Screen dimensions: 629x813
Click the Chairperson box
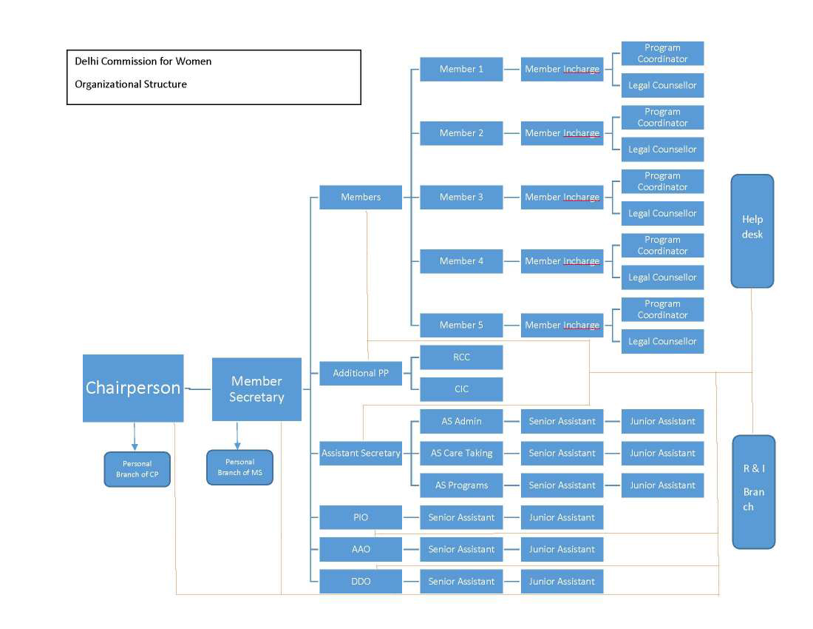tap(133, 388)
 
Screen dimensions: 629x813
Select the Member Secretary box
tap(256, 389)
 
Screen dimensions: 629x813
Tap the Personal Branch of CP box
tap(137, 469)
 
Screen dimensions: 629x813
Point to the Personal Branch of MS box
tap(239, 468)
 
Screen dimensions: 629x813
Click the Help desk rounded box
tap(752, 231)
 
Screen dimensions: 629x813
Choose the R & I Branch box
tap(753, 492)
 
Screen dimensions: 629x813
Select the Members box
tap(361, 198)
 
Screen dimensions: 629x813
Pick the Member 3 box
tap(461, 198)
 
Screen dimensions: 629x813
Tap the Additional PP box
tap(361, 373)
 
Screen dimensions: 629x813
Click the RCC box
tap(461, 357)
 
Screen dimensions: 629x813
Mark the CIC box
tap(461, 389)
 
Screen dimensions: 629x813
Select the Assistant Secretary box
tap(361, 453)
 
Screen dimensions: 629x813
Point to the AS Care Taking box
tap(461, 453)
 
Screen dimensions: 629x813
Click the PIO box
tap(361, 517)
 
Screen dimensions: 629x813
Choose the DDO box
tap(361, 582)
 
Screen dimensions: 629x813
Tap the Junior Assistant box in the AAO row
tap(562, 549)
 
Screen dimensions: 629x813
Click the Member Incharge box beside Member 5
tap(562, 326)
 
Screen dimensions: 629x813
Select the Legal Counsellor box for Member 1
tap(662, 85)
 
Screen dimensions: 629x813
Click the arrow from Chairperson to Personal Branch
tap(135, 437)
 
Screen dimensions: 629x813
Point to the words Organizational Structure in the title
tap(131, 84)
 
